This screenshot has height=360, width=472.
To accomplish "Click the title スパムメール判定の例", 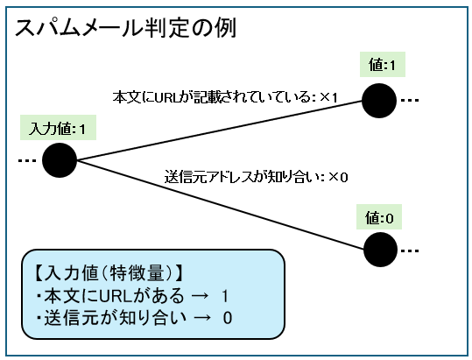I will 123,28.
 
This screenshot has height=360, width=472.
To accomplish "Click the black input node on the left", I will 60,160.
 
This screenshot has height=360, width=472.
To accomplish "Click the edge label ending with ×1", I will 225,96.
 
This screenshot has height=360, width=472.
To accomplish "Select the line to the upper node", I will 219,130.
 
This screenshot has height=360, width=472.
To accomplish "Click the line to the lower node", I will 219,205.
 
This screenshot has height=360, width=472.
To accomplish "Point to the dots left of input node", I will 25,160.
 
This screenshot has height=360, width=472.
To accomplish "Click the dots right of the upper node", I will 410,101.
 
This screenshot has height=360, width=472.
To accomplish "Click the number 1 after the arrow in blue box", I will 225,295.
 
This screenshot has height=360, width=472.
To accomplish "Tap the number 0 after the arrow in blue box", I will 229,317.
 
